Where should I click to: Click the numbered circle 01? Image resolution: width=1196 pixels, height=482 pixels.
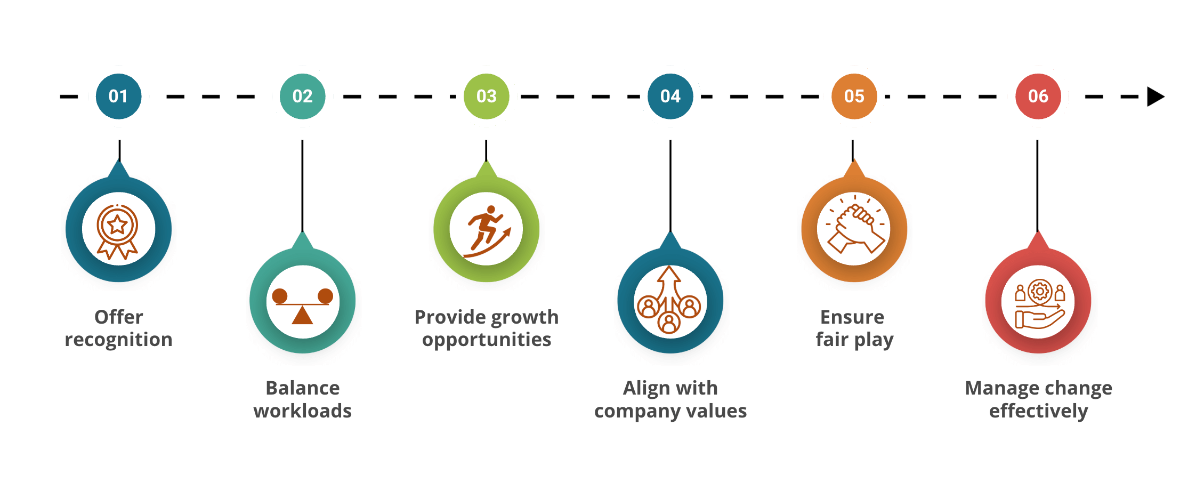[x=118, y=97]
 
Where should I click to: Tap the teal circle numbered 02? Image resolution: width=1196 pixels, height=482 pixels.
[x=302, y=97]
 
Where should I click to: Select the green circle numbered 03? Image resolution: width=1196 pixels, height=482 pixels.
[x=486, y=97]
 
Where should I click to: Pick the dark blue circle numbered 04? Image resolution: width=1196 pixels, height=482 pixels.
[x=670, y=97]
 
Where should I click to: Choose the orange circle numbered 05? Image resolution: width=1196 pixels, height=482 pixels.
[x=854, y=97]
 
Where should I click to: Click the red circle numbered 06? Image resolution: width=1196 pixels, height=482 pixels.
[x=1038, y=97]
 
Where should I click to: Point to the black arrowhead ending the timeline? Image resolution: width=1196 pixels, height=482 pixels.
[x=1155, y=97]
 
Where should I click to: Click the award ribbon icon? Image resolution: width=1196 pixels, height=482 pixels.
[x=117, y=232]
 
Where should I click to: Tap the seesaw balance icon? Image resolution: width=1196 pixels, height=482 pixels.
[x=302, y=306]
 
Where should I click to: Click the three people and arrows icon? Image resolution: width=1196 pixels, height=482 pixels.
[x=669, y=300]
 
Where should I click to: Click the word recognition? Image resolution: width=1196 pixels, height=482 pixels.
[x=118, y=340]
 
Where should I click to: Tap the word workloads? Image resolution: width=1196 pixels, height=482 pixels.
[x=302, y=411]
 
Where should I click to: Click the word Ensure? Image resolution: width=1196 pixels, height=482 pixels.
[x=852, y=317]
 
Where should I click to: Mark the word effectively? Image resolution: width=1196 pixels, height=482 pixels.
[x=1038, y=412]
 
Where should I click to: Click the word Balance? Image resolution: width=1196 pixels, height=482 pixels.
[x=303, y=388]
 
